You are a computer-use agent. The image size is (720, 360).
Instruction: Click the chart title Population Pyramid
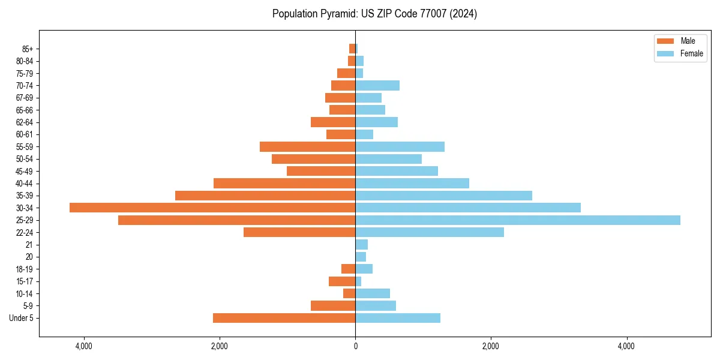tap(374, 14)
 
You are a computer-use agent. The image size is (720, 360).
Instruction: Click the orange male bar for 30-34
tap(212, 208)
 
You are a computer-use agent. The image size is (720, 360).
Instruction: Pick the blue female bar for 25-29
tap(518, 220)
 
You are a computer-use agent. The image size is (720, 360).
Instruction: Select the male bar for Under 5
tap(284, 318)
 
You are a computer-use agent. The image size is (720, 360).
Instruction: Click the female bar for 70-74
tap(377, 85)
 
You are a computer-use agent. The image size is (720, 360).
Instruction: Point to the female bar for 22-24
tap(430, 232)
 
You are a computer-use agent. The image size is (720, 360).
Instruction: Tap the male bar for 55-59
tap(307, 146)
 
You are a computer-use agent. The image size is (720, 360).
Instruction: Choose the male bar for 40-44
tap(284, 183)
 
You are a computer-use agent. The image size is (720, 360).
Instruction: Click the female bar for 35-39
tap(443, 196)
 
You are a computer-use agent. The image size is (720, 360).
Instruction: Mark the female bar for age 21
tap(361, 245)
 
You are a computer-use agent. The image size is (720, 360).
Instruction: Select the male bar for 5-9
tap(333, 305)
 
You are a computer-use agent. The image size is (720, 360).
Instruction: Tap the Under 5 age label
tap(22, 318)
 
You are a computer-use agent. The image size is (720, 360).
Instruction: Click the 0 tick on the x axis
tap(355, 346)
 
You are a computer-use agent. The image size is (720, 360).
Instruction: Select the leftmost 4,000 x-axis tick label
tap(84, 346)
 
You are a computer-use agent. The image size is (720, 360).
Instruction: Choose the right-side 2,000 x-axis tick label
tap(491, 346)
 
